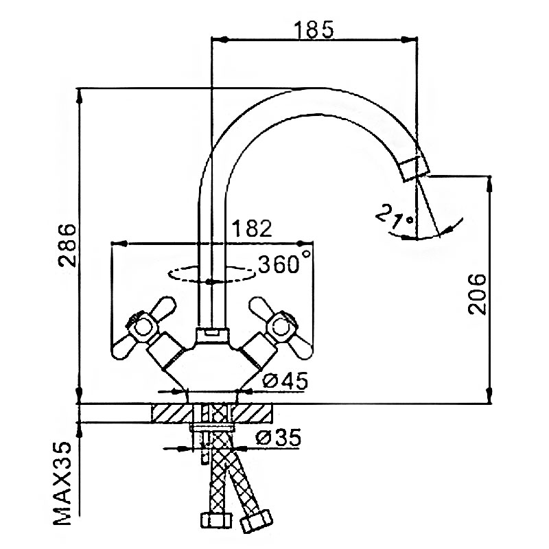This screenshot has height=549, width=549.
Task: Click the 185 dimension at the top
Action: (x=314, y=30)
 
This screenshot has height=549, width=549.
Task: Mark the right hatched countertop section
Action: (x=256, y=414)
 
